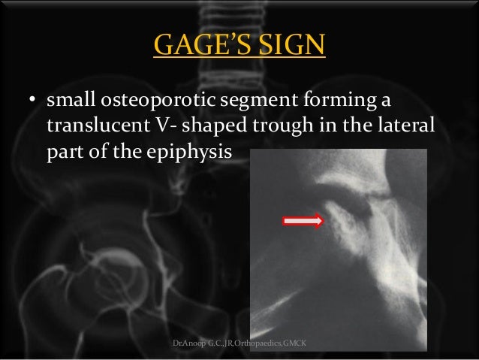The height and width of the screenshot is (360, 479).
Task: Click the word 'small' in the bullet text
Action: click(x=71, y=100)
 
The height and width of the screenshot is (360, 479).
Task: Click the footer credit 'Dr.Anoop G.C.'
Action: click(x=197, y=344)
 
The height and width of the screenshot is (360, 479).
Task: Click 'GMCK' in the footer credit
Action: click(x=303, y=344)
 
